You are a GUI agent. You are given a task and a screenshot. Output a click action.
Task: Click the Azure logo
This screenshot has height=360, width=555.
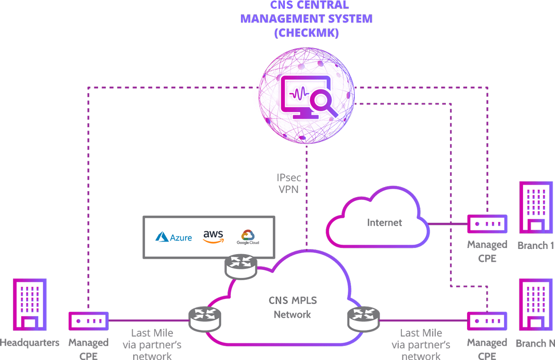[174, 237]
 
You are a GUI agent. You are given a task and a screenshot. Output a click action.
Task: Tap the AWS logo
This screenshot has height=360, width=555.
[213, 236]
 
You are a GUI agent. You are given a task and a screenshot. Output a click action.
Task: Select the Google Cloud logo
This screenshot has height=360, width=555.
[248, 236]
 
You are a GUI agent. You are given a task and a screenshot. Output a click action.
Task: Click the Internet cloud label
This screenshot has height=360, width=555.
[384, 223]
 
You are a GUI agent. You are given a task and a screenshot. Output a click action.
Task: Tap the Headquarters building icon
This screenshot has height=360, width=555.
[30, 306]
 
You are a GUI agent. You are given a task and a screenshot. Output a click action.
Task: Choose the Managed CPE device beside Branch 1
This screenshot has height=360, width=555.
[487, 224]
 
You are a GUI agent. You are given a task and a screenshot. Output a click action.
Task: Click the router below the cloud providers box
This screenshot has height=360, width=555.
[241, 266]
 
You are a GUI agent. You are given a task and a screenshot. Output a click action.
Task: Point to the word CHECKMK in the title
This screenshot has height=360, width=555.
[306, 33]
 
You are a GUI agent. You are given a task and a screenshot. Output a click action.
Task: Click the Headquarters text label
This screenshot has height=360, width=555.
[30, 343]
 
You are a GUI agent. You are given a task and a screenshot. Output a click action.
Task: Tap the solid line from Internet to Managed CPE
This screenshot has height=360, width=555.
[447, 224]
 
